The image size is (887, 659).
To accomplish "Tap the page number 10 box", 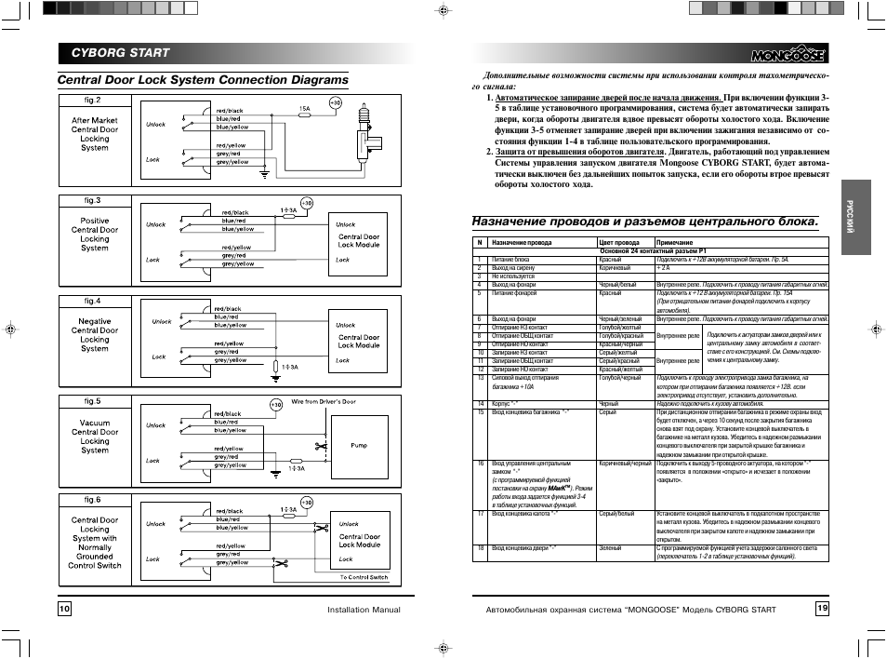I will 64,609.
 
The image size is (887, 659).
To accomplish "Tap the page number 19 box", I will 822,608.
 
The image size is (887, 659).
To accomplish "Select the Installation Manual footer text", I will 363,610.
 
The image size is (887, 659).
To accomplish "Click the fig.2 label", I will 94,100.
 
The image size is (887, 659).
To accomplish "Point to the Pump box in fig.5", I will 359,446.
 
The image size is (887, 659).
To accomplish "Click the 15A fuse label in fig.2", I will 304,109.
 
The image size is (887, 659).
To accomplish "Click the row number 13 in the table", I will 482,378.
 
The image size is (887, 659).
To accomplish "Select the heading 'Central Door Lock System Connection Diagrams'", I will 203,80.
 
